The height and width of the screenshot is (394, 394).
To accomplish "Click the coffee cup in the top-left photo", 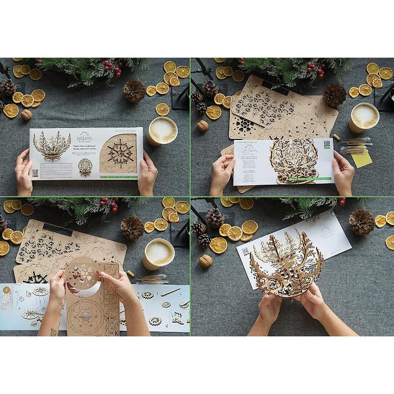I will point(162,130).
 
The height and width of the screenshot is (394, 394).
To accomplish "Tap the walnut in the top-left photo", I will point(26,115).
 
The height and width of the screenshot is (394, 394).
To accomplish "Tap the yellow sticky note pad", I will point(362,159).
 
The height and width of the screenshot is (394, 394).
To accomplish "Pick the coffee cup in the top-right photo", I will point(364,117).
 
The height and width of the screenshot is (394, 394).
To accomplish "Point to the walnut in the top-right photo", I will point(202,126).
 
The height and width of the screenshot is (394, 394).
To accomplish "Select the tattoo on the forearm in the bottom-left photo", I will point(53,332).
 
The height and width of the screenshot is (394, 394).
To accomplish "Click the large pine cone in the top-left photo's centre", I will point(134,91).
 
